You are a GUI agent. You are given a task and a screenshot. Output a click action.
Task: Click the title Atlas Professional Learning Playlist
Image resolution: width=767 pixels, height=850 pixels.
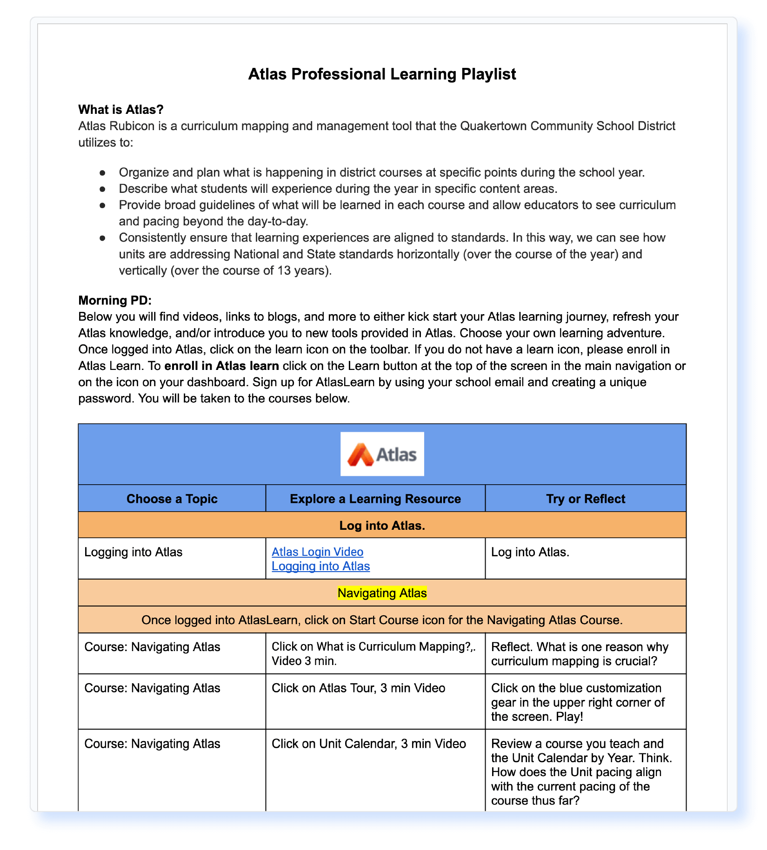tap(382, 74)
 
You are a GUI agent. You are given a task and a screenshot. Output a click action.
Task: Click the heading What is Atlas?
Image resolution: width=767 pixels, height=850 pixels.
tap(121, 110)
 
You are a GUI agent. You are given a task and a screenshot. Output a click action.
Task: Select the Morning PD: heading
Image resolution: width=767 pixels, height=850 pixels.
tap(115, 300)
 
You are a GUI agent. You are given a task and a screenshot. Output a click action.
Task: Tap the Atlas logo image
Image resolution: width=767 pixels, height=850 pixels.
tap(382, 454)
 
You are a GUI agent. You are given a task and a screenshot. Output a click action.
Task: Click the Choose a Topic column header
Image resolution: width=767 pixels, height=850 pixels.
tap(172, 499)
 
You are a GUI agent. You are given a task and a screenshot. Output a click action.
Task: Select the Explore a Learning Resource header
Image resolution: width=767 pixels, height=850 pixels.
tap(375, 499)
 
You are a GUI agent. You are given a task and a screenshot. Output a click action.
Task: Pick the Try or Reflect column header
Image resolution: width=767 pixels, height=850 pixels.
tap(585, 499)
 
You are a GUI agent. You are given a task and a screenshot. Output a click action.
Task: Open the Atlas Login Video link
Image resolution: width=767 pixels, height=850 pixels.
tap(317, 552)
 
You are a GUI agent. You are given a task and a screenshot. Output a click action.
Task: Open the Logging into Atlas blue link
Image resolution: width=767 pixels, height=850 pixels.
tap(320, 566)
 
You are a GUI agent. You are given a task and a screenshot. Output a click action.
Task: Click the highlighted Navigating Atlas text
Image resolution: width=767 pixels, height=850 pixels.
tap(382, 593)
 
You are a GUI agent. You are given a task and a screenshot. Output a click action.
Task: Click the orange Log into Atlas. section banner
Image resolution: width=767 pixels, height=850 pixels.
tap(382, 525)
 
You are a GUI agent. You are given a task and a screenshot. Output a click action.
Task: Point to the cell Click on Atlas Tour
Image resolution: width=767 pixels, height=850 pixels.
tap(358, 688)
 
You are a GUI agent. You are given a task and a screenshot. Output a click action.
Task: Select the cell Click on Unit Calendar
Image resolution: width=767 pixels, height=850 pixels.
tap(368, 744)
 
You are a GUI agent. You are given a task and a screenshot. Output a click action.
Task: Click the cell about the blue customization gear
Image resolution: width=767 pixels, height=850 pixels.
tap(578, 702)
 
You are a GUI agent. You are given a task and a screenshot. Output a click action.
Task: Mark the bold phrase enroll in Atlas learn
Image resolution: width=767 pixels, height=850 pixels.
tap(221, 366)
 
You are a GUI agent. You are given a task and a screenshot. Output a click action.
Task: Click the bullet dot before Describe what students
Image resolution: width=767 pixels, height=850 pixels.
tap(102, 189)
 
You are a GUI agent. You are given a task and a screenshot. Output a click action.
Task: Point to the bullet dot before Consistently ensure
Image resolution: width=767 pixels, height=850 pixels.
tap(102, 238)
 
